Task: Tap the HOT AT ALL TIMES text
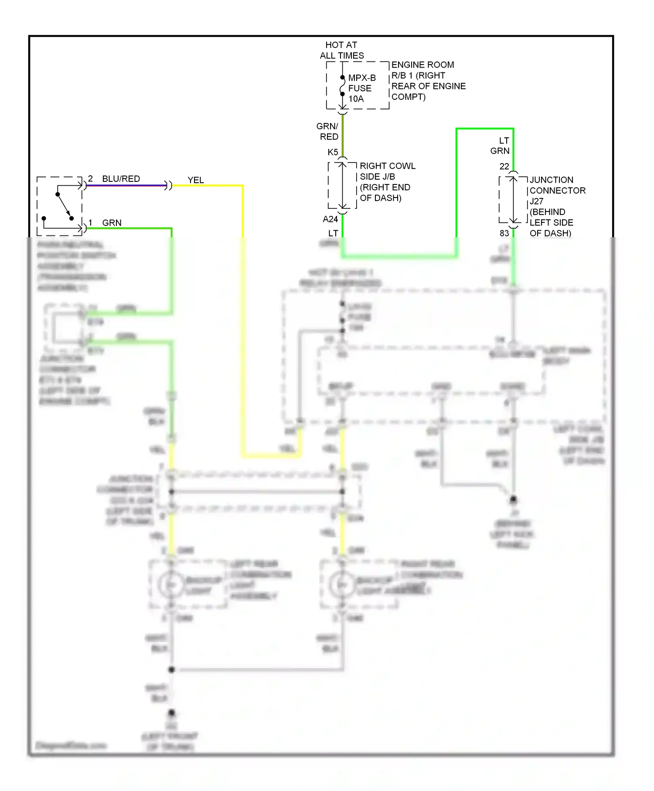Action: pos(341,50)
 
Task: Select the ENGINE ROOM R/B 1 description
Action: pos(428,81)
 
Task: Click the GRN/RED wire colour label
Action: pos(328,131)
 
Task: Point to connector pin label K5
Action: pos(333,152)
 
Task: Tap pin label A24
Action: pos(330,219)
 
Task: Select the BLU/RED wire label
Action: pos(121,179)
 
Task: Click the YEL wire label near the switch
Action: pos(196,180)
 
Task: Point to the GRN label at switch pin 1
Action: pos(112,223)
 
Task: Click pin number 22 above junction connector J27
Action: pos(504,167)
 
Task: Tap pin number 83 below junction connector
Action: pos(504,233)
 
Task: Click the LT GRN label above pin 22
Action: pos(501,146)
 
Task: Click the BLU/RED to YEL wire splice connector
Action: pos(168,186)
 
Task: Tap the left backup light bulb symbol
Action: pos(171,585)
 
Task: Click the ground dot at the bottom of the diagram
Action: pos(171,713)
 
